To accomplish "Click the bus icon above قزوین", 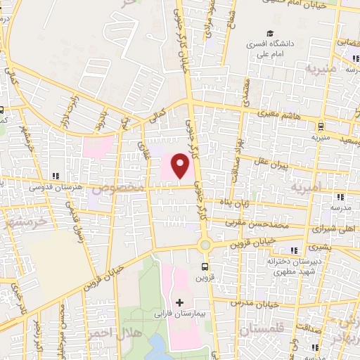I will click(205, 266).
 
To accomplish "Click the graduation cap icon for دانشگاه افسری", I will click(270, 33).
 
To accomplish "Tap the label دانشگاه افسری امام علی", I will click(270, 48).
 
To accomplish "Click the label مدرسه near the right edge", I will click(341, 209).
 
